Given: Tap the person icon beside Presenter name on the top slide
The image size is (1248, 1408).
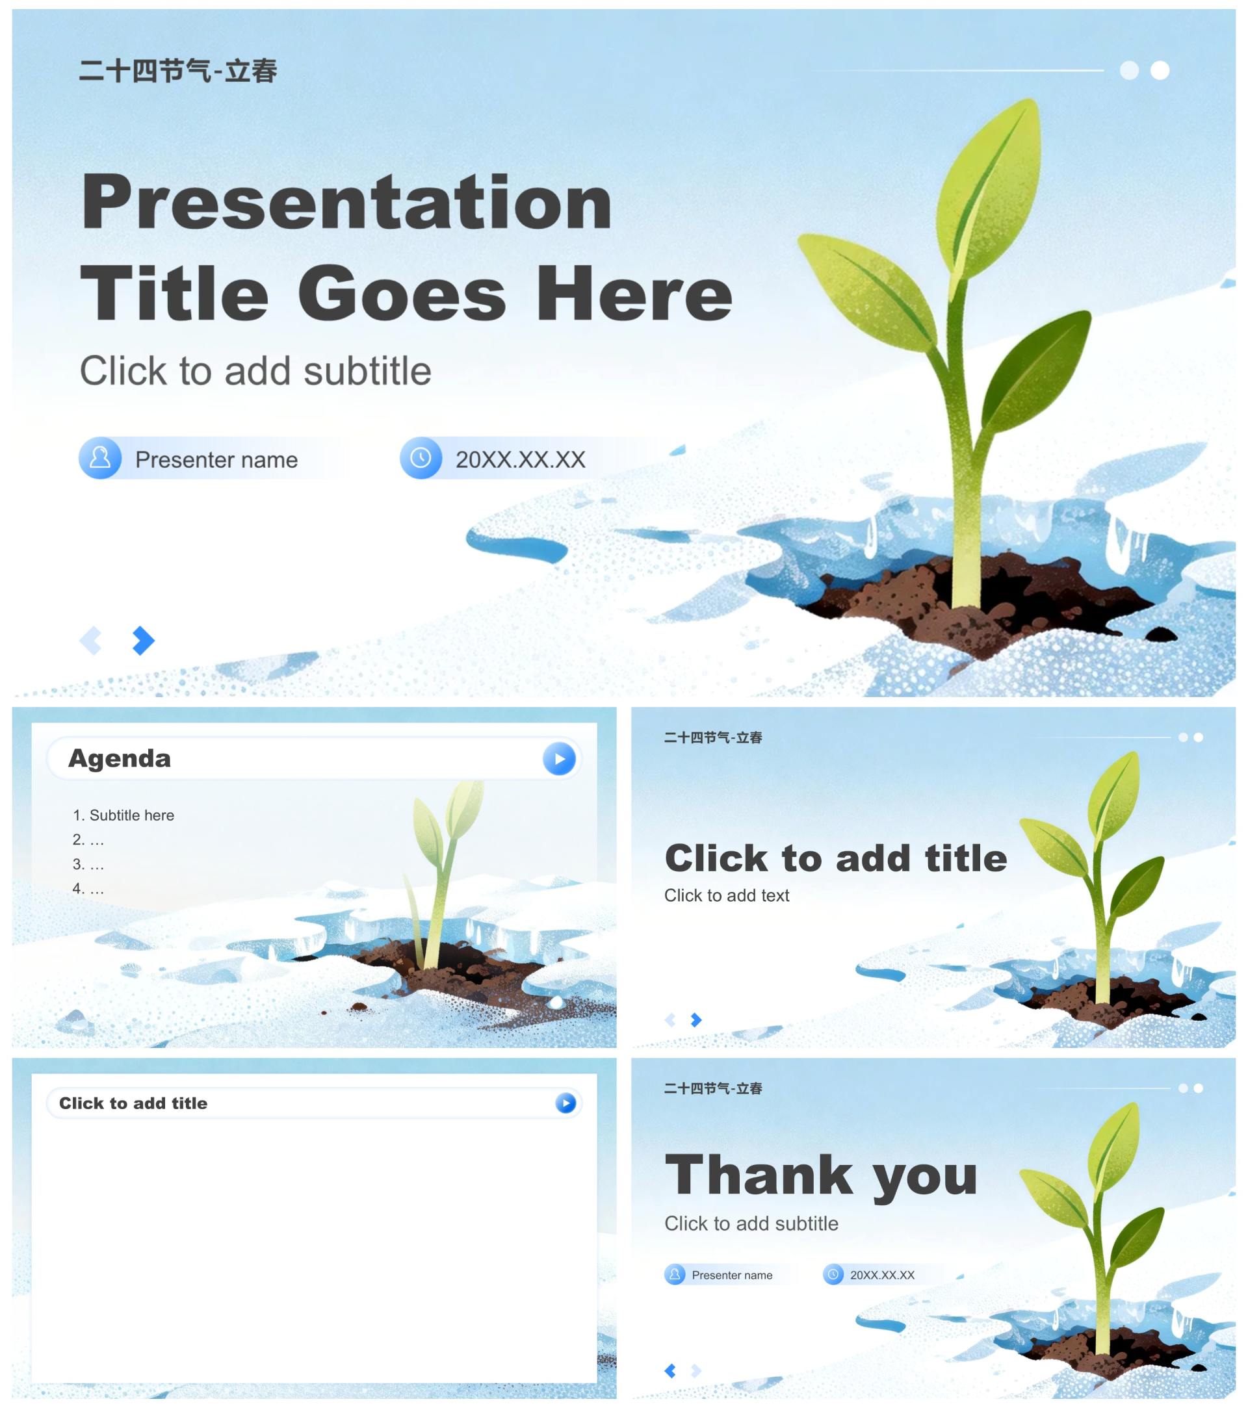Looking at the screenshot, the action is pos(100,458).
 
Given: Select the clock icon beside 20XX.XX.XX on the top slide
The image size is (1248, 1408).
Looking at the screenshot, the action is pos(421,458).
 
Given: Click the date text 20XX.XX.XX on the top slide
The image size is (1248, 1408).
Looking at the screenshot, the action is pos(520,459).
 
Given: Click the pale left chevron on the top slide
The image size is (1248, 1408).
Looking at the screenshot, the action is pos(91,641).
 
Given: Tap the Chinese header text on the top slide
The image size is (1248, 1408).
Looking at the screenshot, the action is pos(178,71).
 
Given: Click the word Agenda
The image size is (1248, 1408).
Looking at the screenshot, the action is pos(119,759).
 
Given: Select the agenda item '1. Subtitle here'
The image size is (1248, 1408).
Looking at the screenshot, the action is pos(123,815).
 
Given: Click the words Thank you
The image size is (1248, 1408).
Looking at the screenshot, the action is pos(821,1177).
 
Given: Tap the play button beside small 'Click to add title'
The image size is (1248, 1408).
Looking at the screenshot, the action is pos(565,1103).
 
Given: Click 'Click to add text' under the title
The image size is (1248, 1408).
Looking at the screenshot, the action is pos(726,895).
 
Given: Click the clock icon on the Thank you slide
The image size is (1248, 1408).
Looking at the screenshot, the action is pos(833,1275).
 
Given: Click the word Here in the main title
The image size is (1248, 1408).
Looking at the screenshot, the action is pos(634,295).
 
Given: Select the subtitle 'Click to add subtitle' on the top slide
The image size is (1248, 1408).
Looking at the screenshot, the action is pos(255,371).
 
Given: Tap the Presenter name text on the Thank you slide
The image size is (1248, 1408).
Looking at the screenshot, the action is pos(732,1275).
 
